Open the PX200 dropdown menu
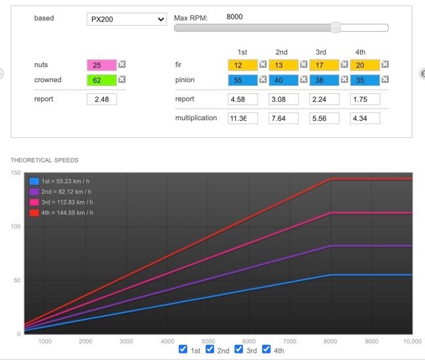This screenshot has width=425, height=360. [127, 19]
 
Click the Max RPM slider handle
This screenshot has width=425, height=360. [336, 28]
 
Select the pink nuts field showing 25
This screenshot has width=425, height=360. [102, 65]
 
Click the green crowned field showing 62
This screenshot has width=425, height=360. [102, 80]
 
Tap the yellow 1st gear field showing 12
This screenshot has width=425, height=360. [243, 65]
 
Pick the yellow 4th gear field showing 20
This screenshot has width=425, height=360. [365, 65]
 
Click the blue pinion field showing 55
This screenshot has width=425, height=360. [243, 80]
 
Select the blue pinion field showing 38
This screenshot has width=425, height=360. [324, 80]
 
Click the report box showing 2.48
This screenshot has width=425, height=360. [102, 99]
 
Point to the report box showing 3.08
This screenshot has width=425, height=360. [284, 99]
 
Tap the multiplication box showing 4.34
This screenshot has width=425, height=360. [365, 118]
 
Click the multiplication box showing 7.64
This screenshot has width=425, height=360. [284, 118]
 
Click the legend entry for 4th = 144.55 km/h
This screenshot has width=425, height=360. [61, 213]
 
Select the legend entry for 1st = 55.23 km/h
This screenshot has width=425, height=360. [59, 181]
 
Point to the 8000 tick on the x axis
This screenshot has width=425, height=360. [330, 342]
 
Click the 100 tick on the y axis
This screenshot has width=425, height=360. [16, 227]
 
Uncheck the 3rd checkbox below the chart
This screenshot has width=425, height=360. [238, 349]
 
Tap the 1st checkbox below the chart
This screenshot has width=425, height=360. [183, 349]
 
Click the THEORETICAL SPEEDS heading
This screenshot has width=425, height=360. [45, 160]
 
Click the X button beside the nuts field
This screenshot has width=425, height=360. [122, 64]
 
